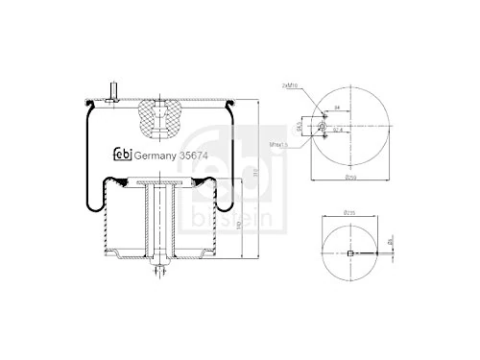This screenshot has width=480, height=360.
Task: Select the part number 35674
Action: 200,156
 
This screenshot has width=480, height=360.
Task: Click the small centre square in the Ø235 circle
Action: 351,253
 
